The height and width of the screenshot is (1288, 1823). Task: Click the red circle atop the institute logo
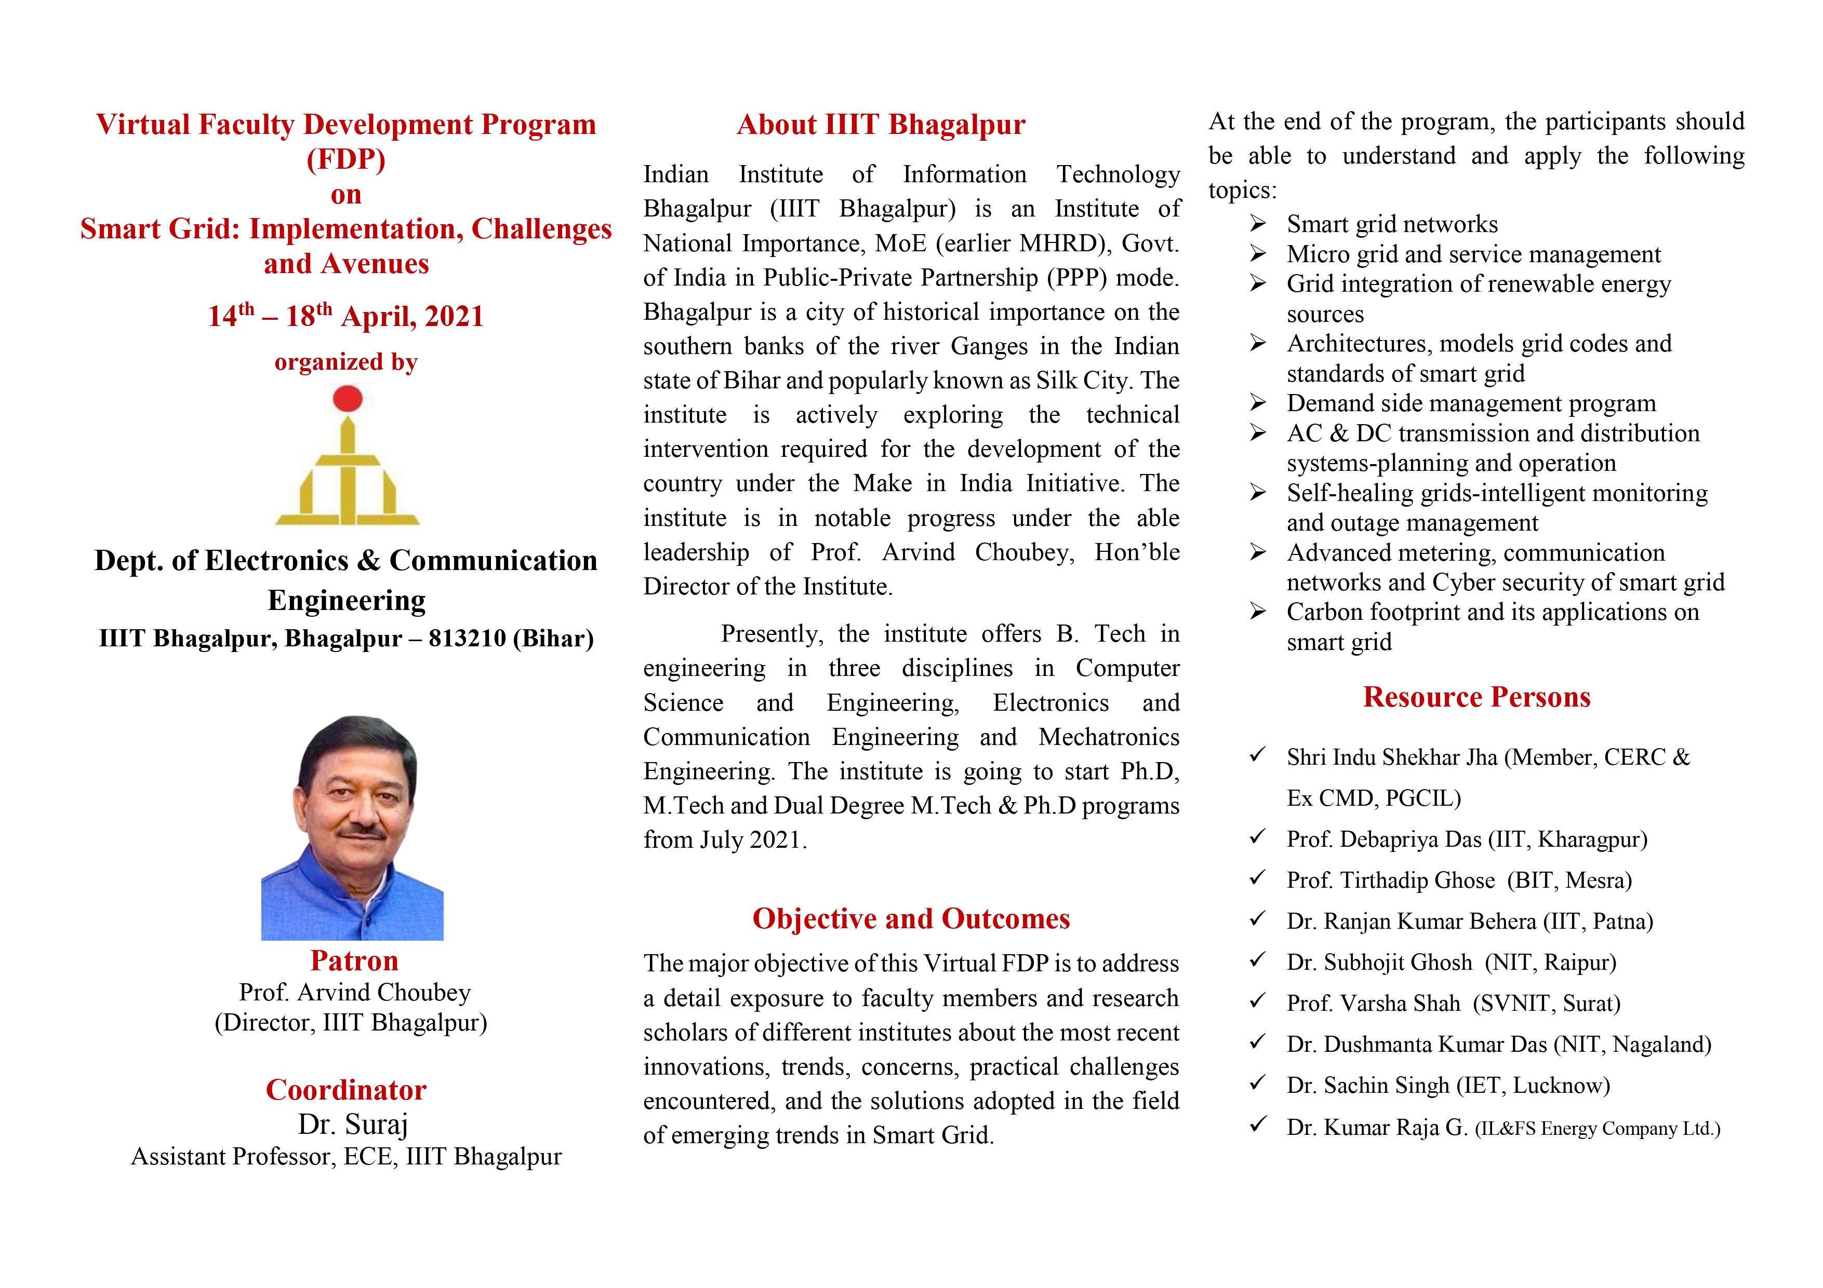point(347,398)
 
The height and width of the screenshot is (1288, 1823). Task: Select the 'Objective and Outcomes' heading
point(911,918)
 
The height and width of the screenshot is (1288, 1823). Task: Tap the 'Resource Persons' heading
point(1476,697)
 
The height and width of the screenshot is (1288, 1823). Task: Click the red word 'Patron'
point(354,960)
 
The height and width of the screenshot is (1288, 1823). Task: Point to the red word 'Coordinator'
point(346,1090)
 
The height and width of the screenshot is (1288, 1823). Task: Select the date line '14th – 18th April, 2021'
point(345,316)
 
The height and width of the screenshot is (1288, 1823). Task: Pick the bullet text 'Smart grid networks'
point(1392,225)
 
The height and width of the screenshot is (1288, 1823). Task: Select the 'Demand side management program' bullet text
point(1470,403)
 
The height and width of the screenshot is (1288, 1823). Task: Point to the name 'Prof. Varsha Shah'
point(1373,1003)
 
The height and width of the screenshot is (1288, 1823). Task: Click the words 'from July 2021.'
point(725,839)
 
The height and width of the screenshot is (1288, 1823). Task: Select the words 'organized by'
point(345,362)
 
